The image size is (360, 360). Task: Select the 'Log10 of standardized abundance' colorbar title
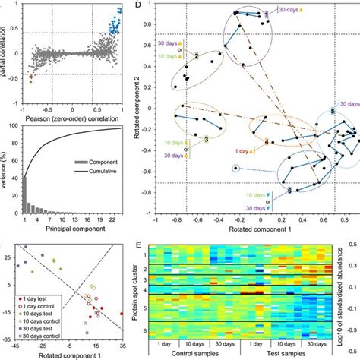point(354,290)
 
